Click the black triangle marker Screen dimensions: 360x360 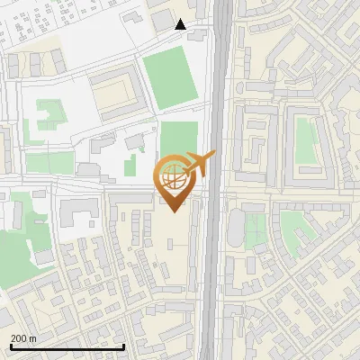click(181, 24)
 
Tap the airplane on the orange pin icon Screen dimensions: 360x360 click(201, 163)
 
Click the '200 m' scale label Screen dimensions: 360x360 click(24, 338)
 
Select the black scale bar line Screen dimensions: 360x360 click(67, 346)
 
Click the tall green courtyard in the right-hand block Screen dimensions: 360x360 click(307, 142)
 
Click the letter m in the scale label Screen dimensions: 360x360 click(33, 338)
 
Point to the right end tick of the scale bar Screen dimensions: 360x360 click(123, 346)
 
